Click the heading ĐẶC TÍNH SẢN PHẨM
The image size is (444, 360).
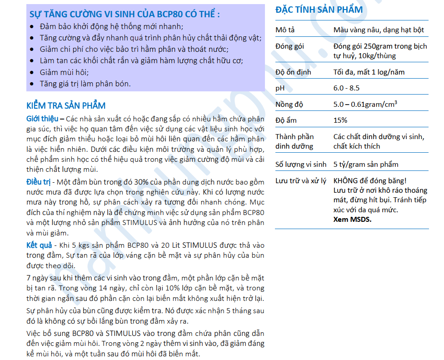pos(319,10)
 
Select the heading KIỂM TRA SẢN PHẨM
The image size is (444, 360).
pos(66,105)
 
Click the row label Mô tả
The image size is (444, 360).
pos(285,30)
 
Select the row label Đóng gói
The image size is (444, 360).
pos(289,46)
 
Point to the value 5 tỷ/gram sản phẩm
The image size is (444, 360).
pos(365,164)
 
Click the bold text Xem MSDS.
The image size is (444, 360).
pos(352,219)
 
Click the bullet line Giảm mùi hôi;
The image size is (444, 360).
pos(64,72)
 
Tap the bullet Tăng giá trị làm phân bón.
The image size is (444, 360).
pos(85,83)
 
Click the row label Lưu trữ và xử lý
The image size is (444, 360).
pos(300,180)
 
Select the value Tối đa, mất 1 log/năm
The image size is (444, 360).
pos(369,72)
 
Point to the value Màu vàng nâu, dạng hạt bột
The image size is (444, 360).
pos(379,30)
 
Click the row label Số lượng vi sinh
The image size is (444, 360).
pos(301,164)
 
